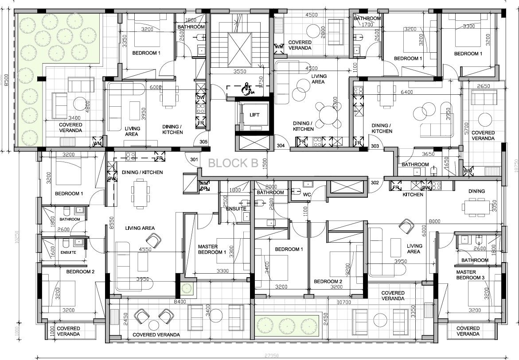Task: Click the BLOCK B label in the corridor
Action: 233,163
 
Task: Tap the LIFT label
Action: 254,115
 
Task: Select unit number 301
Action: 194,159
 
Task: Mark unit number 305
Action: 203,142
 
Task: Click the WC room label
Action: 307,194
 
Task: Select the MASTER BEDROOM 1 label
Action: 212,249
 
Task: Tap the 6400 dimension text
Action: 406,92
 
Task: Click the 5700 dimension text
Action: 465,128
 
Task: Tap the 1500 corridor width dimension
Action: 264,163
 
